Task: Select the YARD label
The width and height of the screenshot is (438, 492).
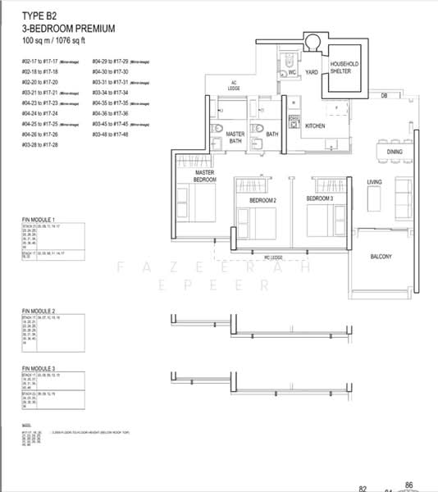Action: [312, 72]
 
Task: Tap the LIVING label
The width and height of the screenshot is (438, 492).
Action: [375, 181]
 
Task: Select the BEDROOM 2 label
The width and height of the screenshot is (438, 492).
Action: [263, 199]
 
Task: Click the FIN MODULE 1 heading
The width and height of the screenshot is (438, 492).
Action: [39, 221]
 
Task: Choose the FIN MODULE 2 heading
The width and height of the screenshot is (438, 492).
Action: [39, 312]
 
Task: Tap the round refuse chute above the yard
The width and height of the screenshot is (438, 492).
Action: [313, 42]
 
